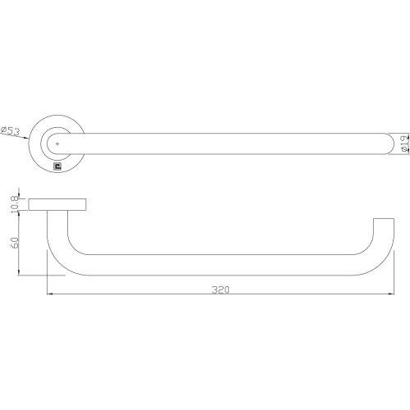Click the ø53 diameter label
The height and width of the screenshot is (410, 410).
13,130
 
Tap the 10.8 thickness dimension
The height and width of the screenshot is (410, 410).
12,204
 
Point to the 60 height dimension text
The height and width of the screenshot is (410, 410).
12,244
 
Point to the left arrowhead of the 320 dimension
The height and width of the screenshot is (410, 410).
51,294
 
